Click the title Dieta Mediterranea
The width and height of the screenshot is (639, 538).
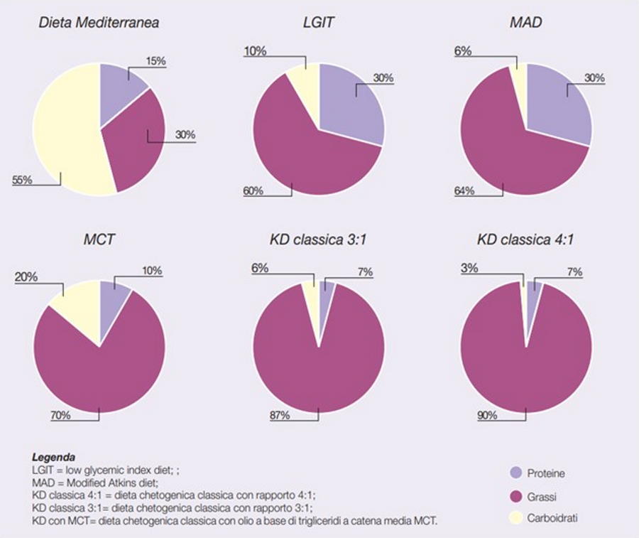98,22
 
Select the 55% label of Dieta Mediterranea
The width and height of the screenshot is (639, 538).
22,180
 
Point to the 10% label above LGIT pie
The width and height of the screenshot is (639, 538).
255,51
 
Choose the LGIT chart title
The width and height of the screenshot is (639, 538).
318,22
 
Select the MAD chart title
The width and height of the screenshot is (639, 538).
525,22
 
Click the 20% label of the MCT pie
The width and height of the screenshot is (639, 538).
26,277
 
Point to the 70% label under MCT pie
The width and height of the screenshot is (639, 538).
60,415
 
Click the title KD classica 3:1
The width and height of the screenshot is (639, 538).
318,240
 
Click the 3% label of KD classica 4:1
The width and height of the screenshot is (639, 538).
469,268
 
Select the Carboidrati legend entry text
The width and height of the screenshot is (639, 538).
553,518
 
